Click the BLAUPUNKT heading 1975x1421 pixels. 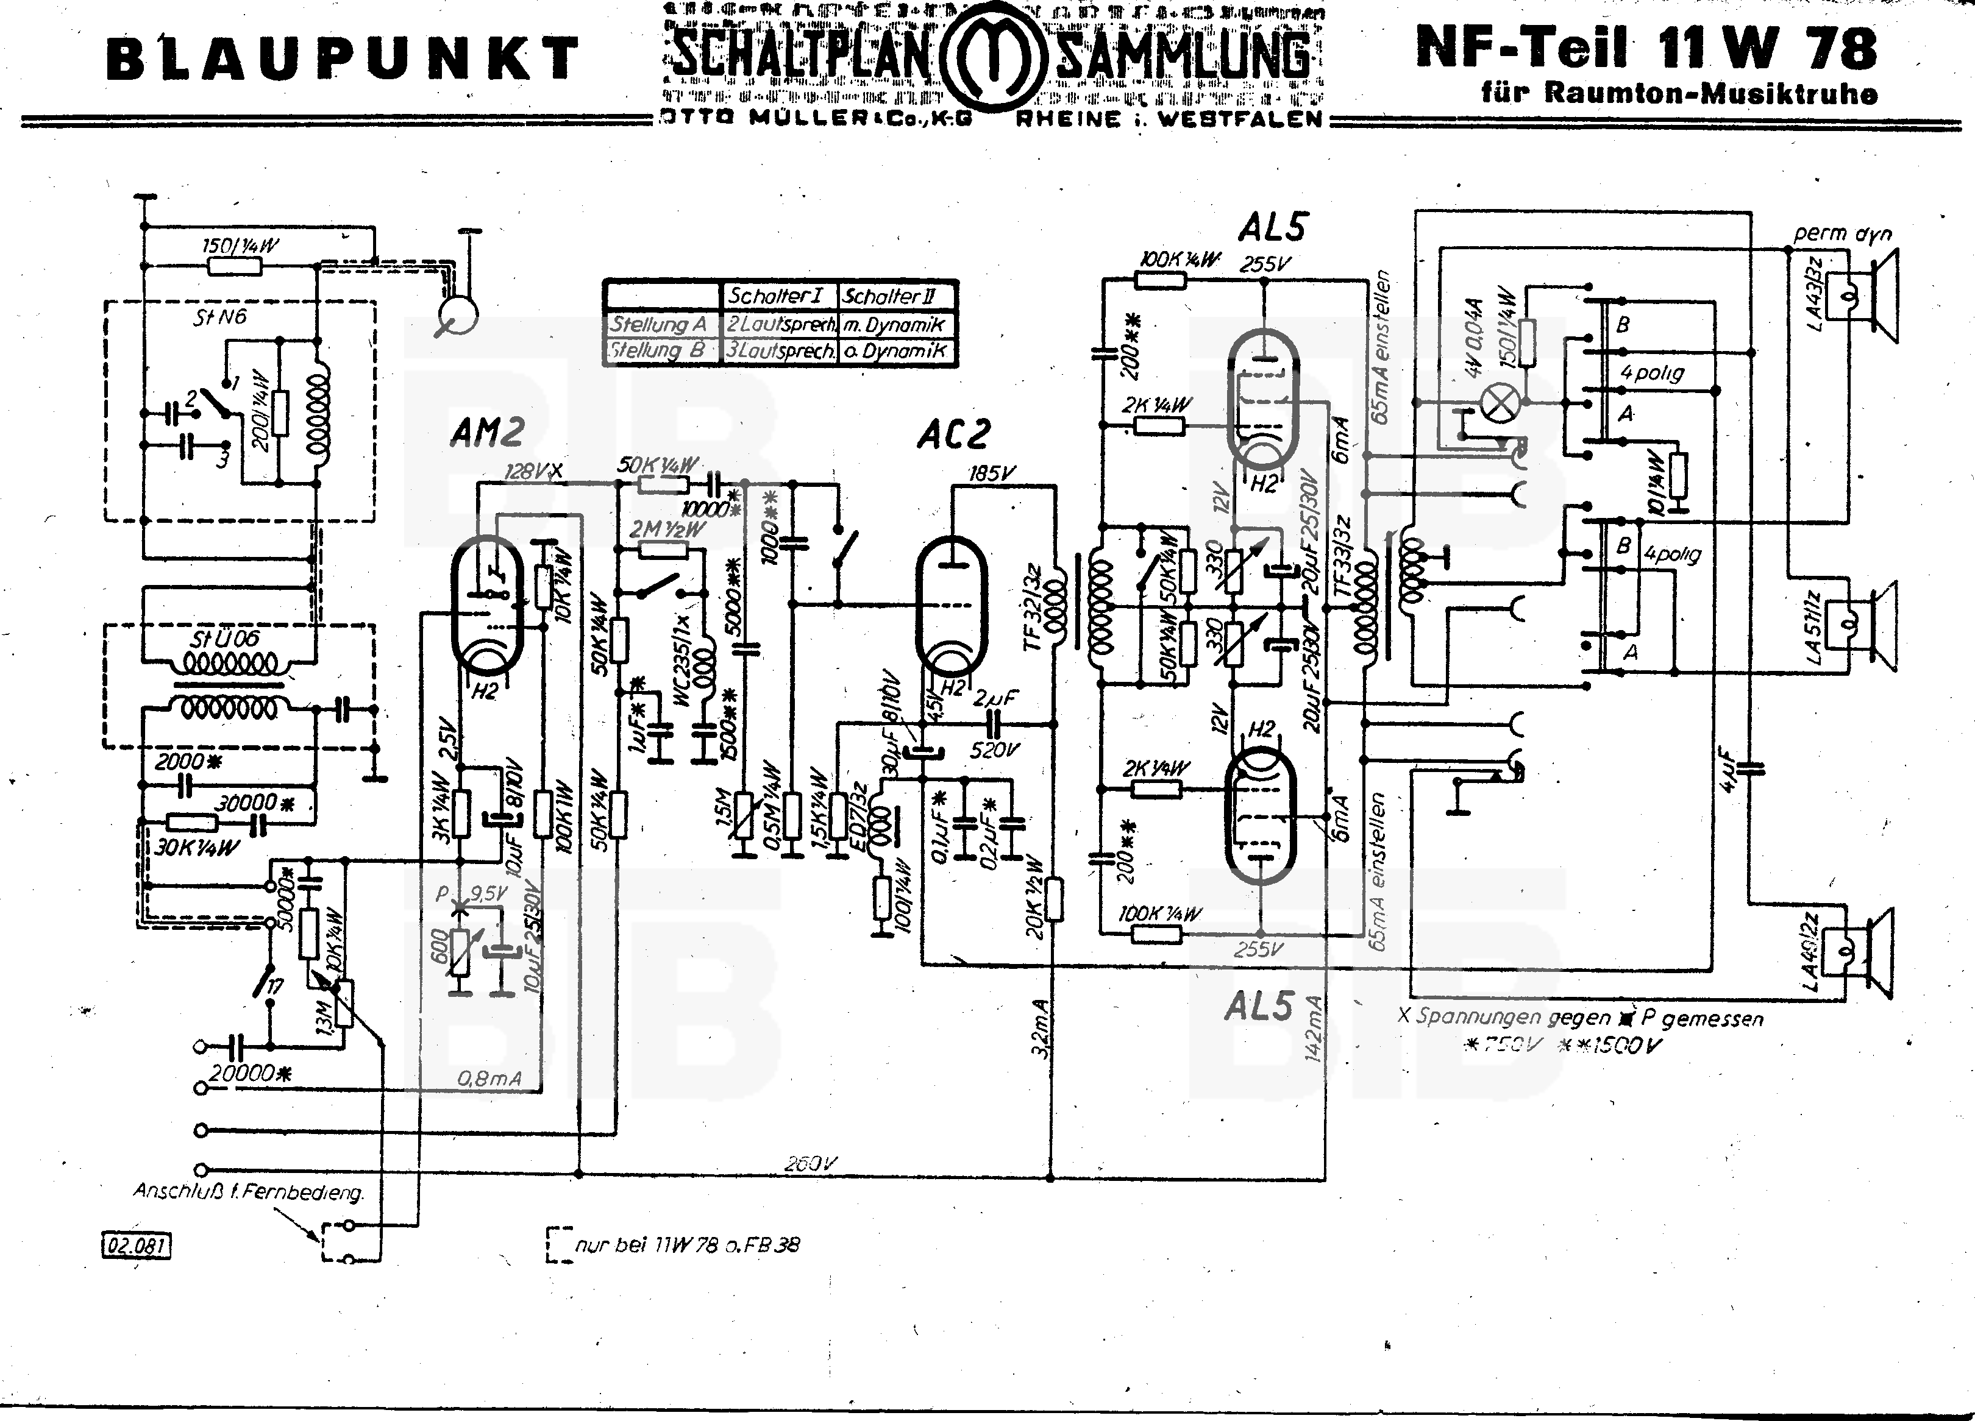tap(342, 59)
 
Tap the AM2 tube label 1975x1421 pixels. tap(488, 433)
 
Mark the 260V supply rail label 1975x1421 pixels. tap(811, 1163)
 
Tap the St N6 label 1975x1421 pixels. tap(219, 317)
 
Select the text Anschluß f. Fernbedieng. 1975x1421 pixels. tap(248, 1191)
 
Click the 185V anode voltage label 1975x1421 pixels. tap(991, 475)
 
